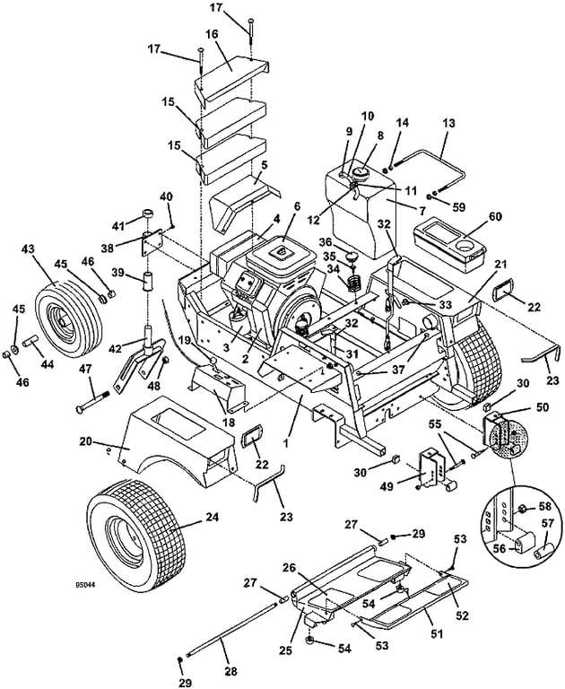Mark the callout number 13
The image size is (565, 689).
448,123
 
